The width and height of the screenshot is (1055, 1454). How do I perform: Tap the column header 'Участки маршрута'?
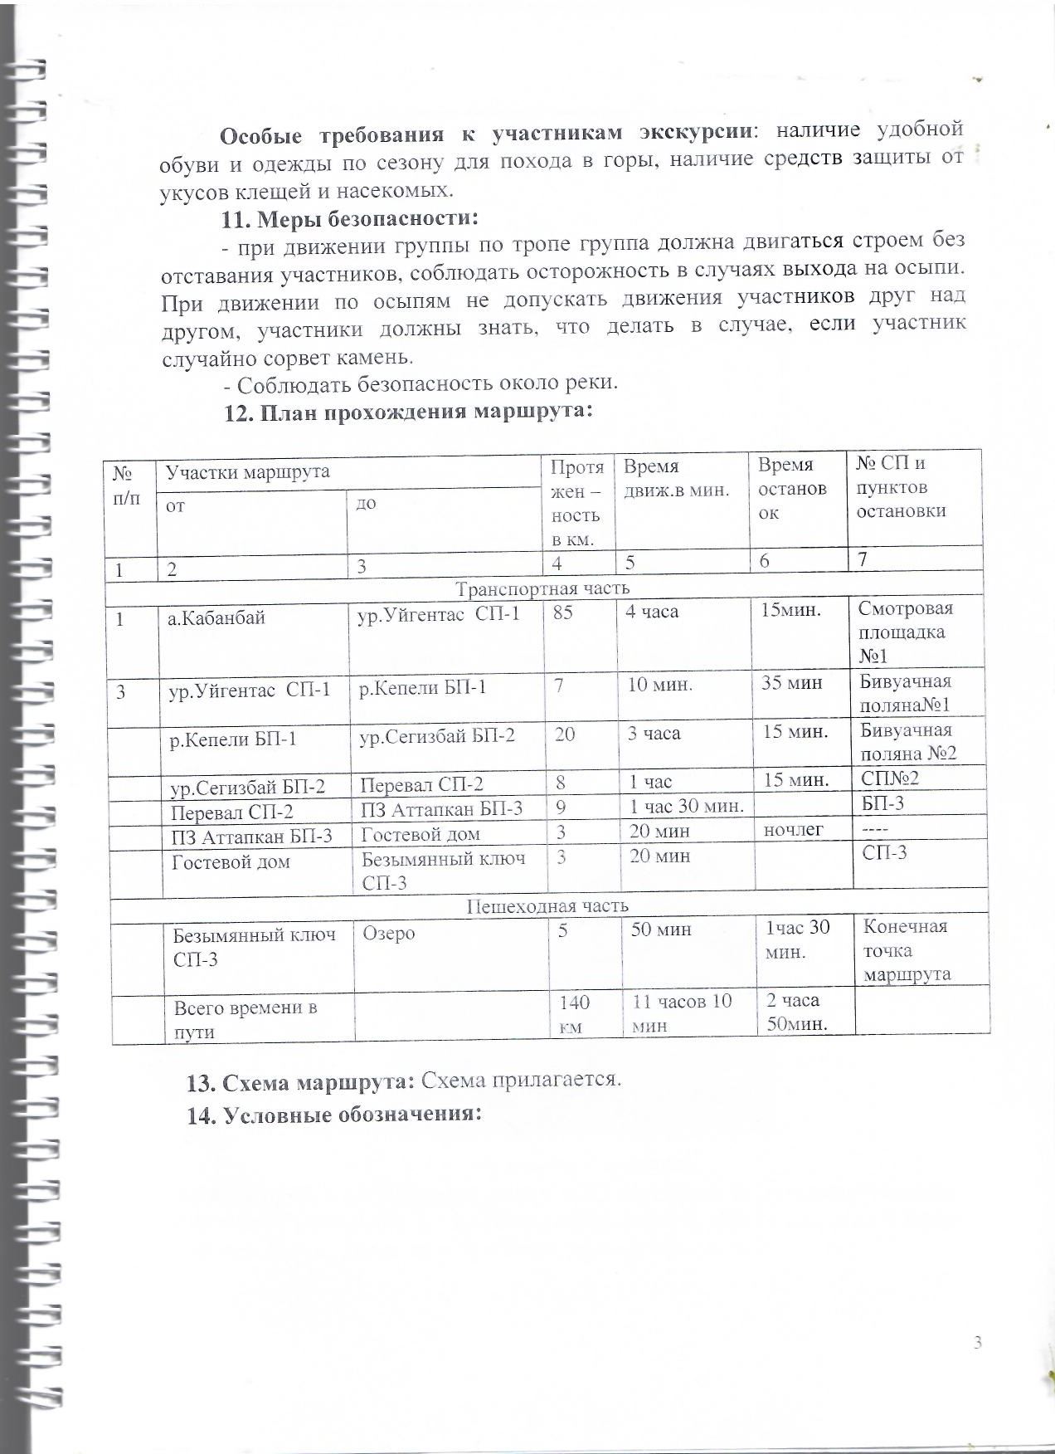coord(248,471)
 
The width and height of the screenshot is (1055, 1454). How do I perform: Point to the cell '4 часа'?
coord(654,612)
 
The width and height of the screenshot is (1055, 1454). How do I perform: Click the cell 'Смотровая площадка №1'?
coord(906,632)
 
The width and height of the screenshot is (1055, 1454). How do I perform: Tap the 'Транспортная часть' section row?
coord(543,588)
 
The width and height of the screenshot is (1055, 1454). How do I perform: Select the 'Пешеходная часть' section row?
coord(547,905)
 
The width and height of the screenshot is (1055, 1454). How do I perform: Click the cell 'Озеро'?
coord(389,933)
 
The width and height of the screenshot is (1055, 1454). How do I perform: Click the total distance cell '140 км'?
coord(574,1015)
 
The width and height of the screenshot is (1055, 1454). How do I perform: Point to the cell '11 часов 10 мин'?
coord(682,1013)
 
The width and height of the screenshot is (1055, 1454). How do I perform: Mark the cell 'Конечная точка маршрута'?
coord(907,950)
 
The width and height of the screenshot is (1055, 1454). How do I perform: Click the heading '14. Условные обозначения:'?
coord(334,1114)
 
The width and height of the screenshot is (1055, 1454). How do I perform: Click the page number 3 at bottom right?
coord(978,1343)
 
